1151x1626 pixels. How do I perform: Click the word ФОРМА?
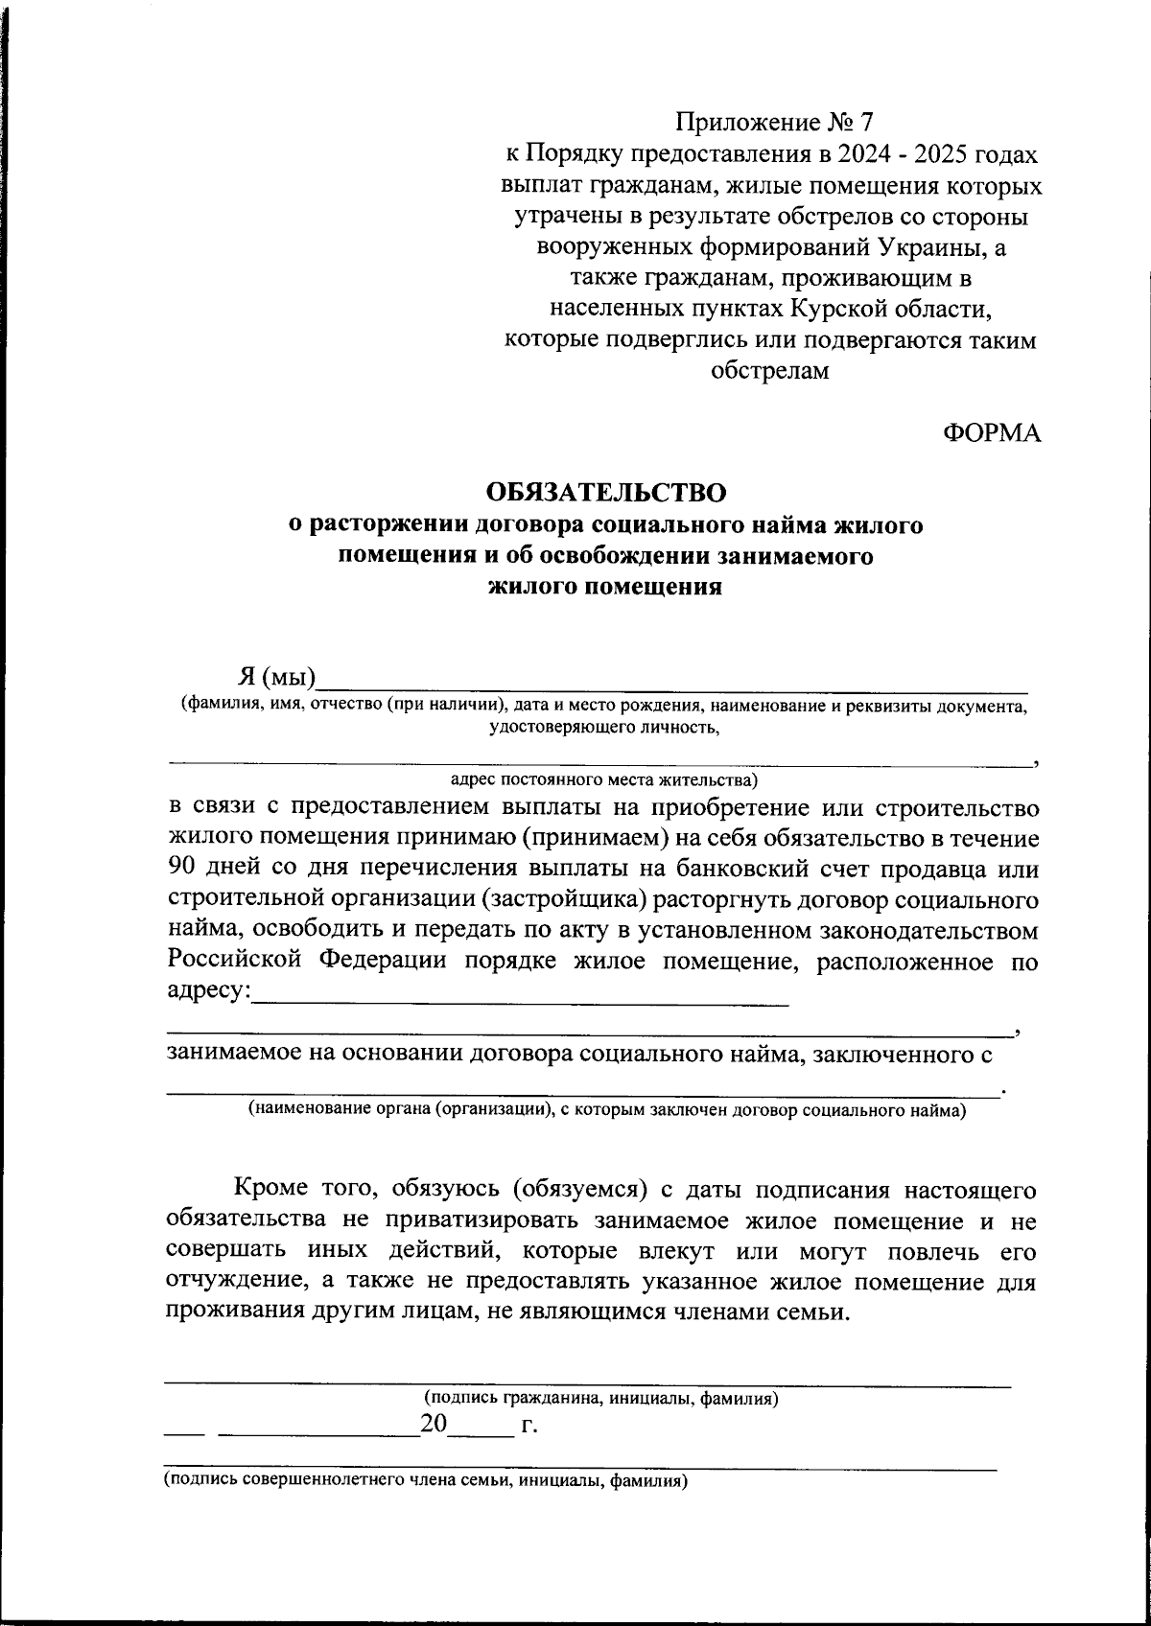tap(992, 433)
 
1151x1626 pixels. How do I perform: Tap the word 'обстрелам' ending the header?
tap(770, 371)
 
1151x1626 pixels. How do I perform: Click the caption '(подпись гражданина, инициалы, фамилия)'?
tap(600, 1399)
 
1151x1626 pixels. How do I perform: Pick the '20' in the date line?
tap(434, 1425)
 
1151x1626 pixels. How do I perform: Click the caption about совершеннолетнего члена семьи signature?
tap(425, 1480)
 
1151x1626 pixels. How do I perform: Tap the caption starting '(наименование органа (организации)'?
tap(607, 1110)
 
